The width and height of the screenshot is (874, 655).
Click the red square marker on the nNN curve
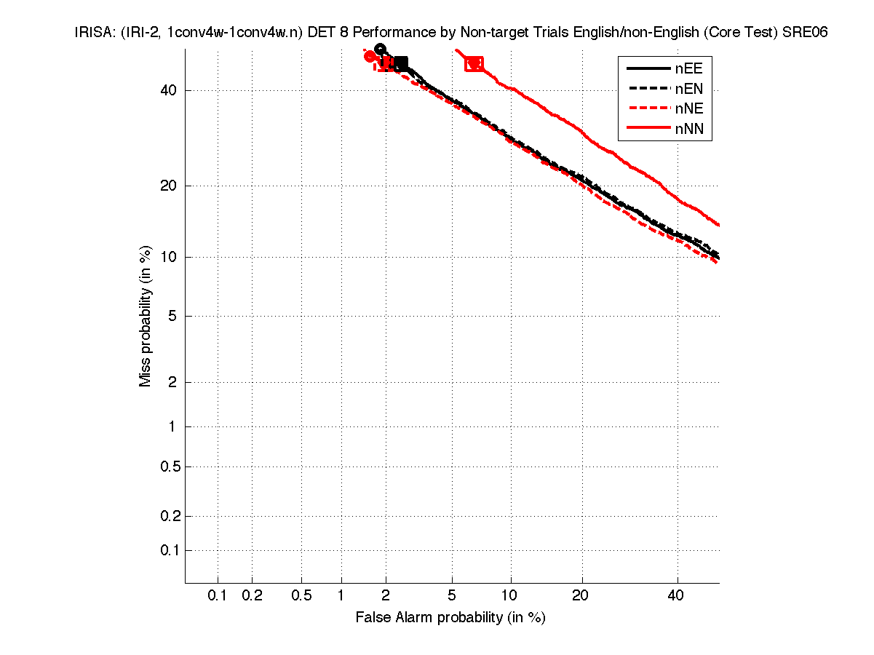474,64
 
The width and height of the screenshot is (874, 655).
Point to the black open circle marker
380,49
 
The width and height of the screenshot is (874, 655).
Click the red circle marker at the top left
370,57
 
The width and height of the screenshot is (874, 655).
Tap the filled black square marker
401,64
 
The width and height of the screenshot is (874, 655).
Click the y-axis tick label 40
169,90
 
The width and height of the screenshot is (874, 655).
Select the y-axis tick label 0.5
170,467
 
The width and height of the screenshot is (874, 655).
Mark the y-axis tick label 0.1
170,550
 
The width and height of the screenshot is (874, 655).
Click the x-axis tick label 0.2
252,596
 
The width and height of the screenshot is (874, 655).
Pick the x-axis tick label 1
341,596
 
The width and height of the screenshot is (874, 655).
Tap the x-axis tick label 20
580,596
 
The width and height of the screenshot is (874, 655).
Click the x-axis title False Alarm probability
450,618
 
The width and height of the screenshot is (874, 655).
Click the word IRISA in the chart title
92,33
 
